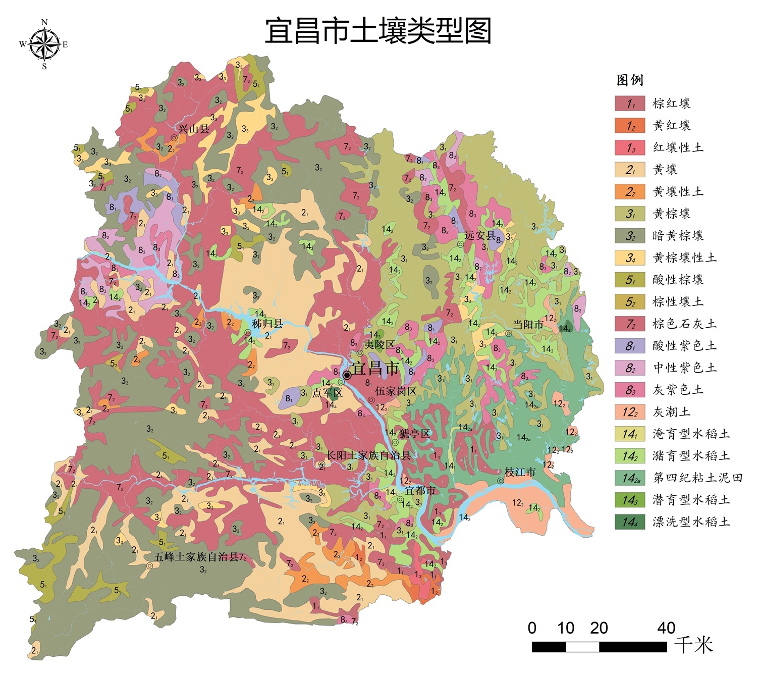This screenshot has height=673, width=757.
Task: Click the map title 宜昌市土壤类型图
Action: pos(378,31)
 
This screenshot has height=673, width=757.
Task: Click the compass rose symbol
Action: pos(44,44)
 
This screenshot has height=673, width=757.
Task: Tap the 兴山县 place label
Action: pos(193,129)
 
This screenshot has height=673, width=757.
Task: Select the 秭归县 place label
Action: pos(267,324)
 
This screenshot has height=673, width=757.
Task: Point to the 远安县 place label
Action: pos(480,235)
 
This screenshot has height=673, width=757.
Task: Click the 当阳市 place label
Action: pos(528,325)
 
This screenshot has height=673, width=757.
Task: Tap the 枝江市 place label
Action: pos(520,472)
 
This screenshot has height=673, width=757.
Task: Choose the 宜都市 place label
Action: pos(420,490)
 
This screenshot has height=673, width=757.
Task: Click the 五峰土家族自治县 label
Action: pos(196,557)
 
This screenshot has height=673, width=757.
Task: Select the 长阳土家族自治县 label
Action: pos(368,455)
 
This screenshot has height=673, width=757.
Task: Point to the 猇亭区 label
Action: pos(414,434)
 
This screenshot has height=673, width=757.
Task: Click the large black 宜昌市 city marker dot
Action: pos(347,375)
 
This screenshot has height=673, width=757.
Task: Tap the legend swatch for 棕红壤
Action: pos(629,103)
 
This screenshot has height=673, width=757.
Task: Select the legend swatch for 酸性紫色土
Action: pos(629,346)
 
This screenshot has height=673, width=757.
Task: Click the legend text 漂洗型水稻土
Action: pos(691,522)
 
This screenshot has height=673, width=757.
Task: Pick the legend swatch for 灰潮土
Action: pos(629,412)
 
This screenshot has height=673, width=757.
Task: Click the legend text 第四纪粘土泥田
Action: pos(697,478)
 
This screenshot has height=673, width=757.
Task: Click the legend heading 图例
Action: pos(630,80)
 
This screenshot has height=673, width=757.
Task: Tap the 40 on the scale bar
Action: pos(666,628)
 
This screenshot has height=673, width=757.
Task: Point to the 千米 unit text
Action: pos(694,645)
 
